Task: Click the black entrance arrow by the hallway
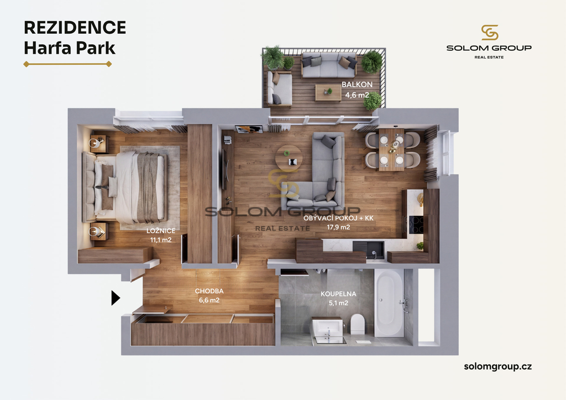(x=115, y=298)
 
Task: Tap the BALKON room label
(x=357, y=85)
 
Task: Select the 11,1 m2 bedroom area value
(x=161, y=240)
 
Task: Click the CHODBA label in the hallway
(x=209, y=291)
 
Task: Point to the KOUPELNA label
(x=338, y=294)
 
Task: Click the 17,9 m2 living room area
(x=339, y=227)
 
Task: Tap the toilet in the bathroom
(x=358, y=324)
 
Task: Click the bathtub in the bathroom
(x=389, y=303)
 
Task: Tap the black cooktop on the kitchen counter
(x=416, y=225)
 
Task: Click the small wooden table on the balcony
(x=328, y=92)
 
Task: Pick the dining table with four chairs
(x=392, y=149)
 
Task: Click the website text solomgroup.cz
(x=498, y=366)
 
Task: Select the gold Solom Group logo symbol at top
(x=490, y=33)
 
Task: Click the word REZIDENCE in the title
(x=75, y=28)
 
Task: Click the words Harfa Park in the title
(x=70, y=48)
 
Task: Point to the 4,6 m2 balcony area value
(x=357, y=95)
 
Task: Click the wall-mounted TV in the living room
(x=224, y=169)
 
